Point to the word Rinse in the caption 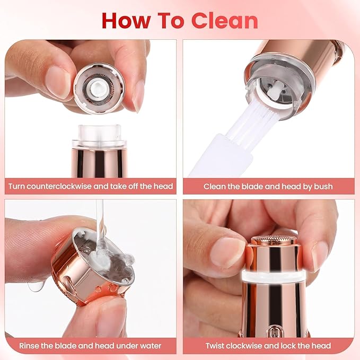[x=30, y=346]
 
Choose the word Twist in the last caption [x=216, y=346]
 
